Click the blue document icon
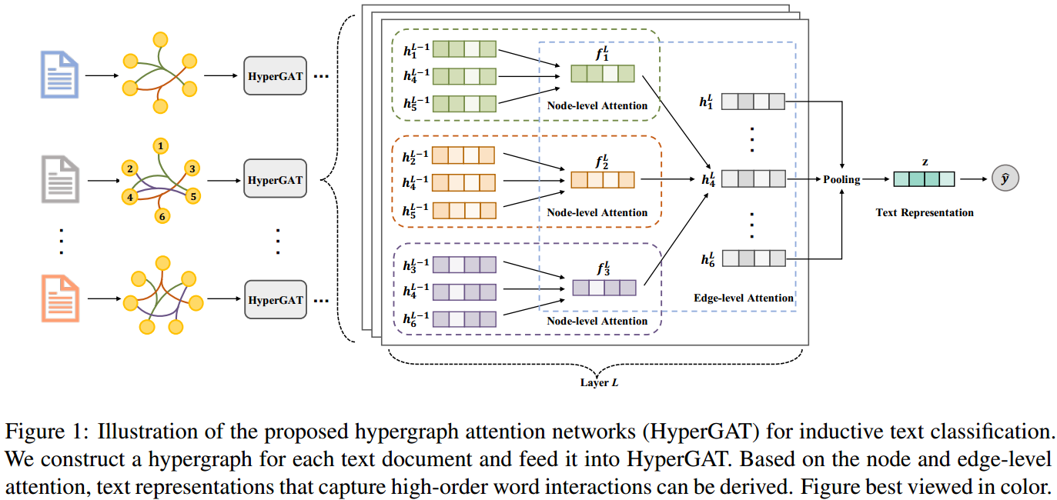pos(59,75)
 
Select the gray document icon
pos(59,179)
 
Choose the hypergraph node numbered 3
pos(192,168)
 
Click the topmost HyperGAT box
pos(275,76)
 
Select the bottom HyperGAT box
pos(275,299)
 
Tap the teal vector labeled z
pos(924,179)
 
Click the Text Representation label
pos(925,212)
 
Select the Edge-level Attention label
pos(743,298)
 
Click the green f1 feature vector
pos(602,74)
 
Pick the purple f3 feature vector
pos(604,288)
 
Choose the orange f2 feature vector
pos(602,180)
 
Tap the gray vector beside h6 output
pos(753,258)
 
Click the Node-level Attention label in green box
pos(597,105)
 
